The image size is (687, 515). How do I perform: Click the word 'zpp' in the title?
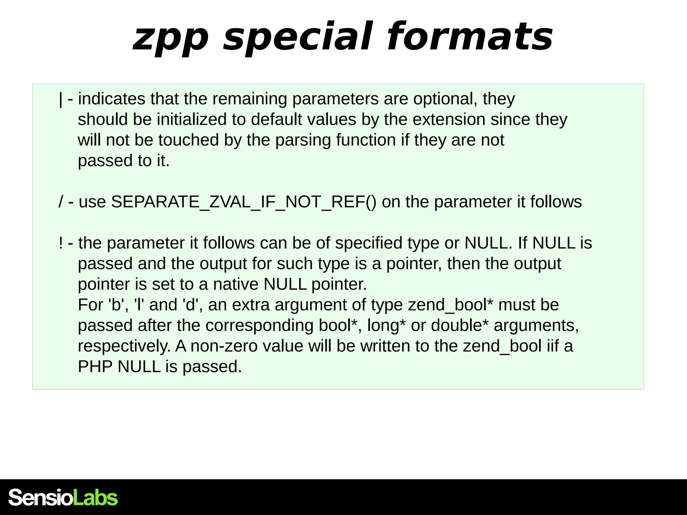tap(171, 38)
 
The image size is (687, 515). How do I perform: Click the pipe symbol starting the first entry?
tap(60, 99)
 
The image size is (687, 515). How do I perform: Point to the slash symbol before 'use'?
tap(61, 202)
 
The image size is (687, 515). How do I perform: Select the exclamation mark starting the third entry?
tap(61, 243)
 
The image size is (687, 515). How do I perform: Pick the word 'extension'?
tap(449, 120)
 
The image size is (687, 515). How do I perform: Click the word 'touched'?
tap(189, 140)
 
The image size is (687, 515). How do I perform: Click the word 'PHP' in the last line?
tap(95, 366)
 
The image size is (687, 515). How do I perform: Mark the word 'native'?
tap(235, 284)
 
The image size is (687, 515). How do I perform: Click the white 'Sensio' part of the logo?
tap(40, 498)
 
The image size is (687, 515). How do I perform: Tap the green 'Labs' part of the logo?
tap(95, 498)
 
